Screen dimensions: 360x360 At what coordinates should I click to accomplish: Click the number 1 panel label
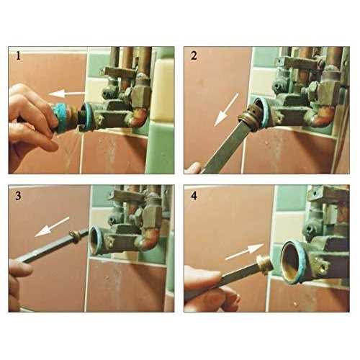click(x=18, y=57)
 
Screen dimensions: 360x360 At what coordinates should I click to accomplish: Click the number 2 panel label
click(x=194, y=55)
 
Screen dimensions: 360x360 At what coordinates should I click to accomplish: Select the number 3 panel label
click(x=18, y=196)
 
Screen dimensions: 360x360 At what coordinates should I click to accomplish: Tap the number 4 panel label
click(x=194, y=196)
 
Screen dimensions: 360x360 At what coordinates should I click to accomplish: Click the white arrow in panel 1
click(x=67, y=94)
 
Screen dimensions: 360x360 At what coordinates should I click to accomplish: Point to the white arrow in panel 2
click(x=226, y=109)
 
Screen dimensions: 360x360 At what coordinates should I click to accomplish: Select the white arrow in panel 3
click(x=52, y=227)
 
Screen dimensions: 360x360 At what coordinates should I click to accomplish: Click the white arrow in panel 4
click(x=244, y=252)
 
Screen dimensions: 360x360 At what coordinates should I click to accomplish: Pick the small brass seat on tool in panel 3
click(x=76, y=236)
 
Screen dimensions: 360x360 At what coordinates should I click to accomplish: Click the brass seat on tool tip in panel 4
click(x=264, y=264)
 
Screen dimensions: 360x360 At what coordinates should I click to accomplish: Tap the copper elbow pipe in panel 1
click(x=138, y=117)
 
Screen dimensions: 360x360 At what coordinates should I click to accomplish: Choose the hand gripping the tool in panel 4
click(x=209, y=288)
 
